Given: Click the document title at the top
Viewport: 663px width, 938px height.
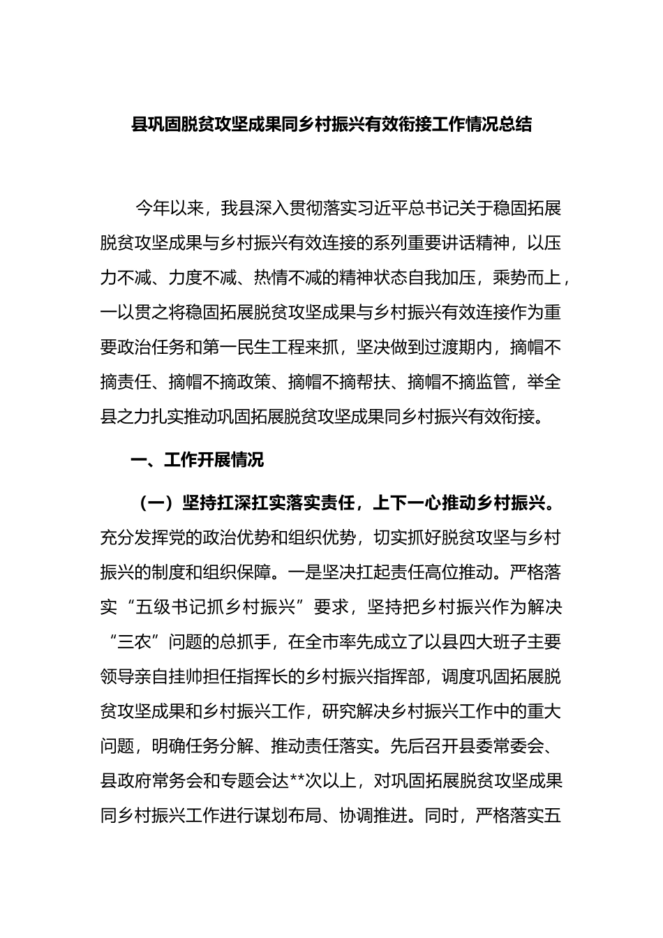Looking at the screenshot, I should coord(331,125).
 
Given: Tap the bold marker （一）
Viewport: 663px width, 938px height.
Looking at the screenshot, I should coord(154,503).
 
